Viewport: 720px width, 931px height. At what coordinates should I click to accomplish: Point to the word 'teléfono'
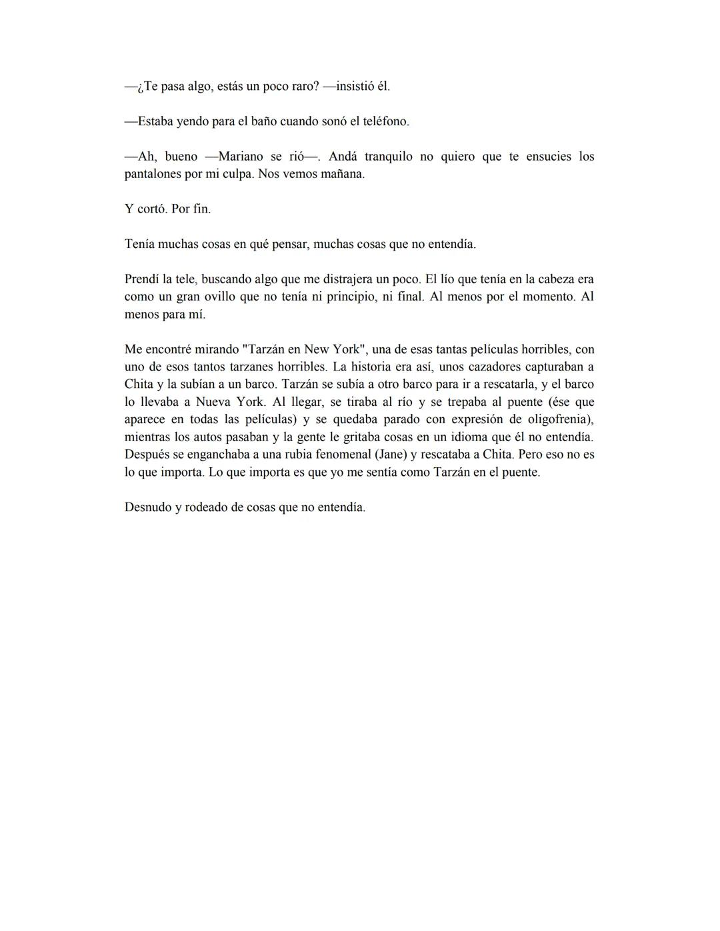pos(385,121)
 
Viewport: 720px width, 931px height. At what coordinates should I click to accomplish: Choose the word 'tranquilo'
pos(388,157)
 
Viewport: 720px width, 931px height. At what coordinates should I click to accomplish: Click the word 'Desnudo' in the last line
pos(147,507)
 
